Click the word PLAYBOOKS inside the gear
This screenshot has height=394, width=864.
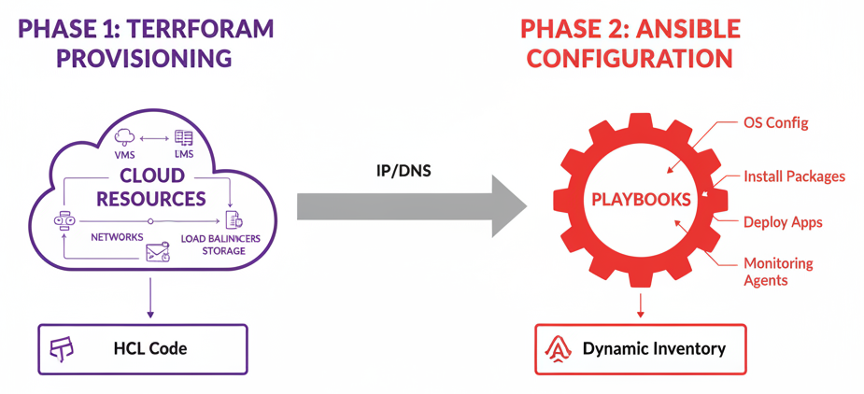(x=641, y=200)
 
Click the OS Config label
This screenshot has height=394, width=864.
(x=775, y=123)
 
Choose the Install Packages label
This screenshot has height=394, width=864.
(x=794, y=176)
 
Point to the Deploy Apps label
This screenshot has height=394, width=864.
(x=783, y=222)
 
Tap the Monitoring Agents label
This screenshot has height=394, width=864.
(x=777, y=272)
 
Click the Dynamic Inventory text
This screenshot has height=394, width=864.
(x=654, y=349)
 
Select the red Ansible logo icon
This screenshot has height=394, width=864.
(x=558, y=349)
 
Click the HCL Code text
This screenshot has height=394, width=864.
(x=149, y=349)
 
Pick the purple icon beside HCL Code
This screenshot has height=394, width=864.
(x=62, y=349)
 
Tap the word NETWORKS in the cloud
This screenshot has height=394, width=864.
(x=117, y=237)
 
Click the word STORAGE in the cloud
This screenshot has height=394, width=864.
(x=223, y=250)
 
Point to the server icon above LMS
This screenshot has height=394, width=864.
(x=184, y=137)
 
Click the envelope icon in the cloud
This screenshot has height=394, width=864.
(x=158, y=251)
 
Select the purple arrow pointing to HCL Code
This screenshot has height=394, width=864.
(x=150, y=303)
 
